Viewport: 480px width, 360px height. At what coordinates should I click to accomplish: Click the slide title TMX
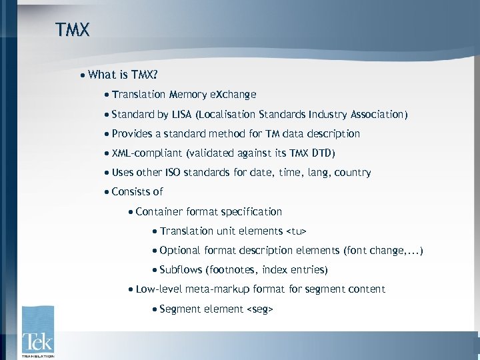pyautogui.click(x=72, y=30)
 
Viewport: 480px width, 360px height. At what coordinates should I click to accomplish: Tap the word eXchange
pyautogui.click(x=233, y=95)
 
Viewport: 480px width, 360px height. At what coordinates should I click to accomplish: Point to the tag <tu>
pyautogui.click(x=296, y=231)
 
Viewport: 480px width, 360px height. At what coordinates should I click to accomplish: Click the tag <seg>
pyautogui.click(x=260, y=309)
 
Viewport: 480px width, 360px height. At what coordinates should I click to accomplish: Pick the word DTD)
pyautogui.click(x=323, y=153)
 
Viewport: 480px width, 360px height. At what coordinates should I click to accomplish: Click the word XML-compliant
pyautogui.click(x=147, y=153)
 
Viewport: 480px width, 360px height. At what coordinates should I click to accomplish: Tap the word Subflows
pyautogui.click(x=180, y=270)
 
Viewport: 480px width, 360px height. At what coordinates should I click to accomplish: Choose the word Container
pyautogui.click(x=159, y=212)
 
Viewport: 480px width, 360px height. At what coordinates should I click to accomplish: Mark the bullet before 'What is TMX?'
pyautogui.click(x=82, y=75)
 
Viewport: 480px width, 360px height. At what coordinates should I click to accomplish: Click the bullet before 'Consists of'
pyautogui.click(x=107, y=192)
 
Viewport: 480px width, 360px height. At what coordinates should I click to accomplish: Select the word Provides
pyautogui.click(x=131, y=134)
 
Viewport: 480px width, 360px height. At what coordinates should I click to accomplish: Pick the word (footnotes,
pyautogui.click(x=231, y=270)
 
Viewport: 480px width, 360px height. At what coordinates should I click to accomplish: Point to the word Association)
pyautogui.click(x=376, y=115)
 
